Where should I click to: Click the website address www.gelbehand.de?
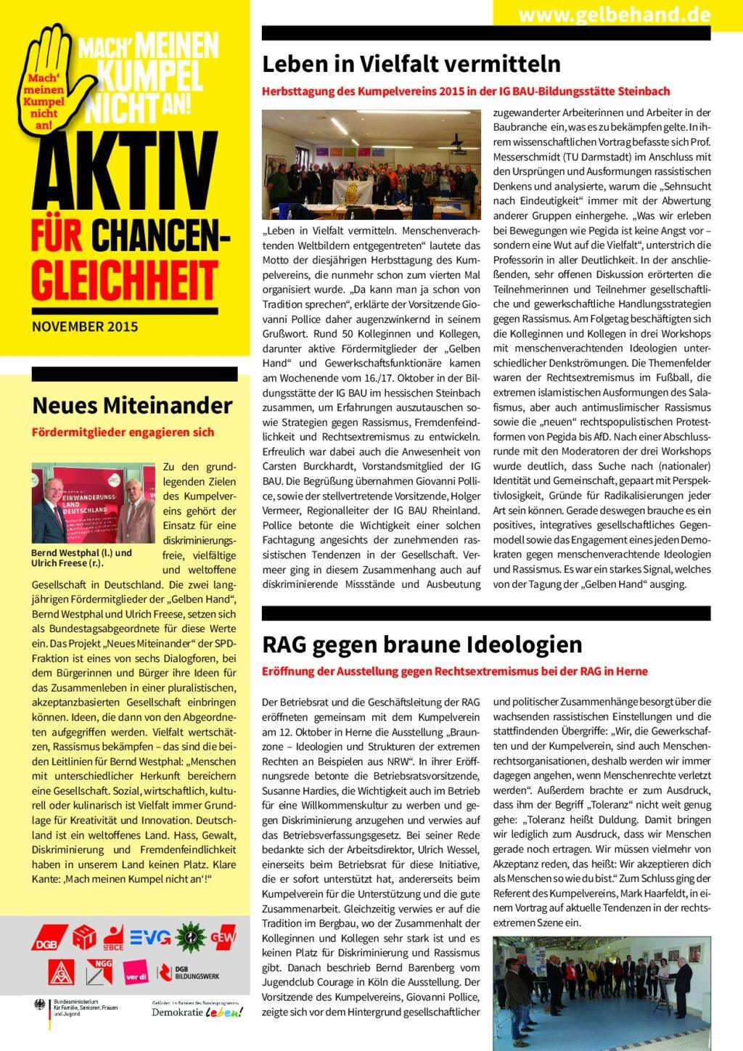click(614, 15)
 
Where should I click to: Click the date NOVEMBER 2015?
click(85, 327)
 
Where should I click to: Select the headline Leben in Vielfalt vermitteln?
click(411, 64)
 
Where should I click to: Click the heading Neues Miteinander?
click(132, 405)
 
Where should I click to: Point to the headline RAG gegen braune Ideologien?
click(422, 645)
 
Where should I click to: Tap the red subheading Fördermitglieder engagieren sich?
click(123, 433)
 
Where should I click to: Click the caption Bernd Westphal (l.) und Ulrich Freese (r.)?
click(81, 557)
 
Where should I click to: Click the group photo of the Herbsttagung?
click(371, 164)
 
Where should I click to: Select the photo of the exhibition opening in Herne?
click(602, 992)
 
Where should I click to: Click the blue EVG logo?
click(150, 937)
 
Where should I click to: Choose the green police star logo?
click(190, 937)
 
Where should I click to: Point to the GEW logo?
click(223, 937)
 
